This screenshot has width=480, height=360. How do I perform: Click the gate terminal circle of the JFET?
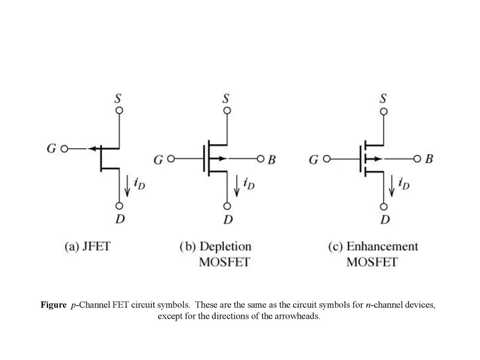(64, 149)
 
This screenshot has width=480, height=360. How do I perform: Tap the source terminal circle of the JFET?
(120, 110)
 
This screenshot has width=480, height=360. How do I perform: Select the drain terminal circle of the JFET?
(120, 206)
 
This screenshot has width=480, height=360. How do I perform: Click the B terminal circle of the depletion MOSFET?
(261, 159)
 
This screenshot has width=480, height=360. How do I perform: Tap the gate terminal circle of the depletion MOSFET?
(171, 159)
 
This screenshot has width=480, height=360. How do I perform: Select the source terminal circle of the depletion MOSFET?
(227, 111)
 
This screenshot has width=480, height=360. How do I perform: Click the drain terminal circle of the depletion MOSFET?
(227, 206)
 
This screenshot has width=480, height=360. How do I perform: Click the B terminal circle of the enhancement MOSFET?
(417, 159)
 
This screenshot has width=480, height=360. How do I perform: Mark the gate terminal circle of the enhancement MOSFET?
(327, 159)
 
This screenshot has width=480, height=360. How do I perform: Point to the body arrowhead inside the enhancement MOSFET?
(378, 159)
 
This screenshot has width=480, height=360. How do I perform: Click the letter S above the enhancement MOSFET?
(383, 98)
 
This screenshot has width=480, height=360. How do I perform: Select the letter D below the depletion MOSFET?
(228, 219)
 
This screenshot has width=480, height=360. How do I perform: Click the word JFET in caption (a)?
(96, 247)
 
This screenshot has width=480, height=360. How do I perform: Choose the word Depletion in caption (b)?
(225, 247)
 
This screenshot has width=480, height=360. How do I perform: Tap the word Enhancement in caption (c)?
(382, 247)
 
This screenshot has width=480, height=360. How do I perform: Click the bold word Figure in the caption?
(53, 305)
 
